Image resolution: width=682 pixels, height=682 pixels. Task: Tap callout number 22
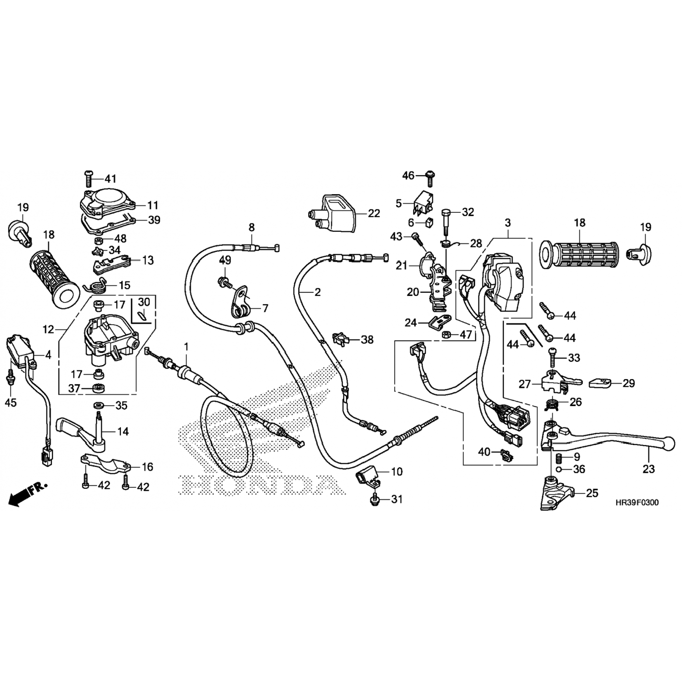pyautogui.click(x=374, y=213)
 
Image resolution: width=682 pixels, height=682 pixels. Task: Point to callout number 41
pyautogui.click(x=110, y=178)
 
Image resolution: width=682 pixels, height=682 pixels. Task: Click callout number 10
pyautogui.click(x=396, y=471)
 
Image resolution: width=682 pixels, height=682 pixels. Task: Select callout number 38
pyautogui.click(x=367, y=339)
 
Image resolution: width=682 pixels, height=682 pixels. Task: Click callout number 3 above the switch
pyautogui.click(x=508, y=223)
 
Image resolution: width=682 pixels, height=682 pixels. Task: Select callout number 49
pyautogui.click(x=225, y=261)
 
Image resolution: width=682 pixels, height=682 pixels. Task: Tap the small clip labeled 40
pyautogui.click(x=505, y=454)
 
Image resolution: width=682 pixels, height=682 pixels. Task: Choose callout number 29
pyautogui.click(x=628, y=383)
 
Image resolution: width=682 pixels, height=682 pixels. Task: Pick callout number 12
pyautogui.click(x=49, y=329)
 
